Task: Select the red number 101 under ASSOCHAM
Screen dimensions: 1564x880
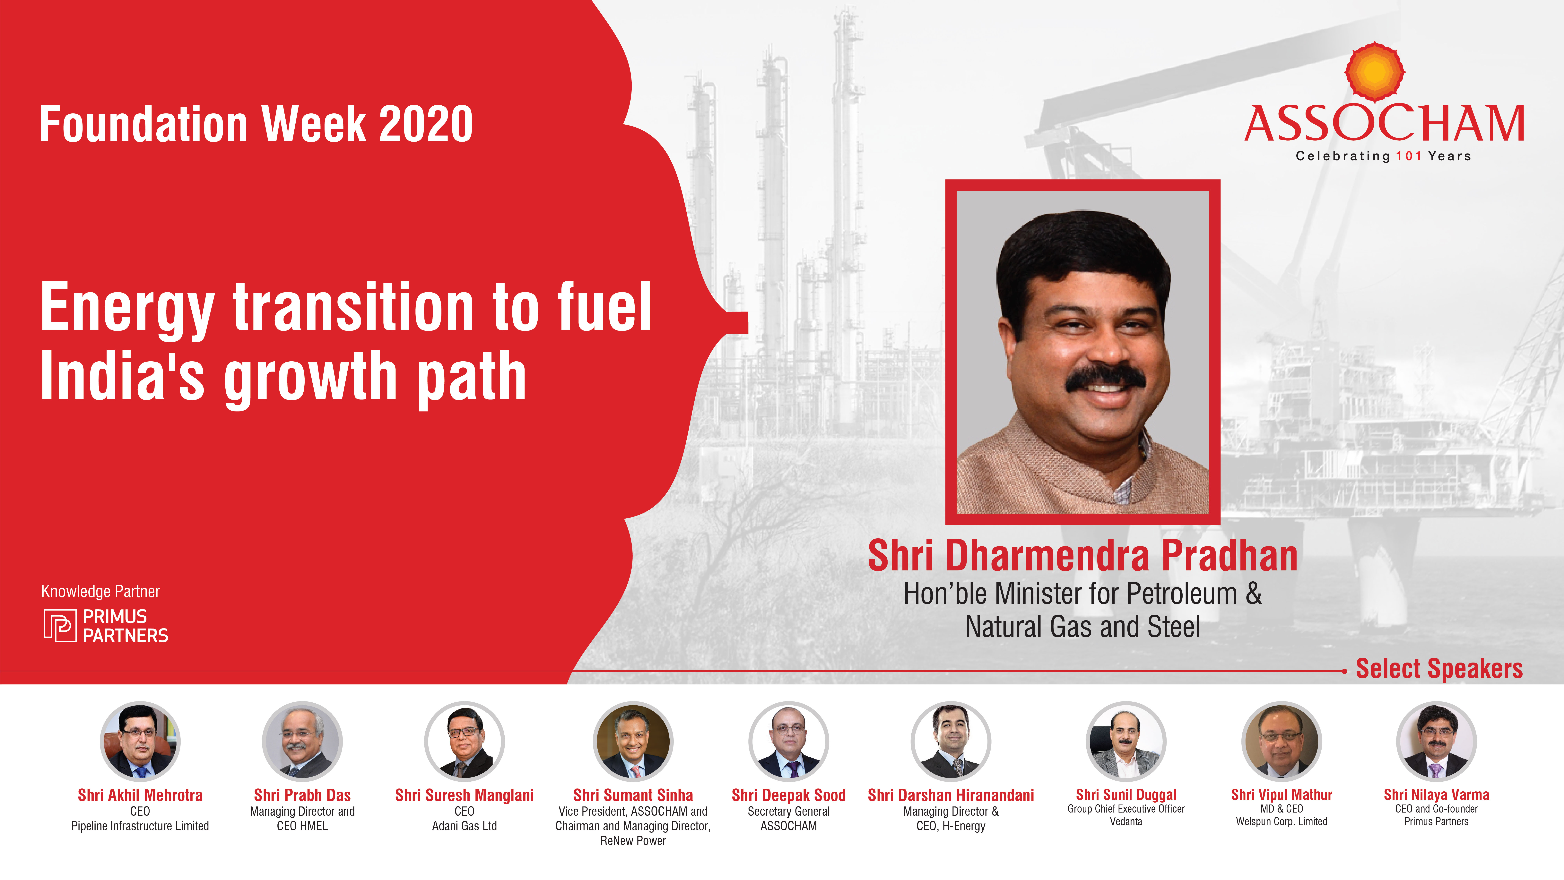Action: (1409, 156)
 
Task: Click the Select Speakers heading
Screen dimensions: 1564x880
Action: (1439, 669)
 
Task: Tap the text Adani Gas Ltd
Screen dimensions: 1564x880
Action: (465, 826)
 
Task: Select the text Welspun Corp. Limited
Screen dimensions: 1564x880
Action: (1282, 822)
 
